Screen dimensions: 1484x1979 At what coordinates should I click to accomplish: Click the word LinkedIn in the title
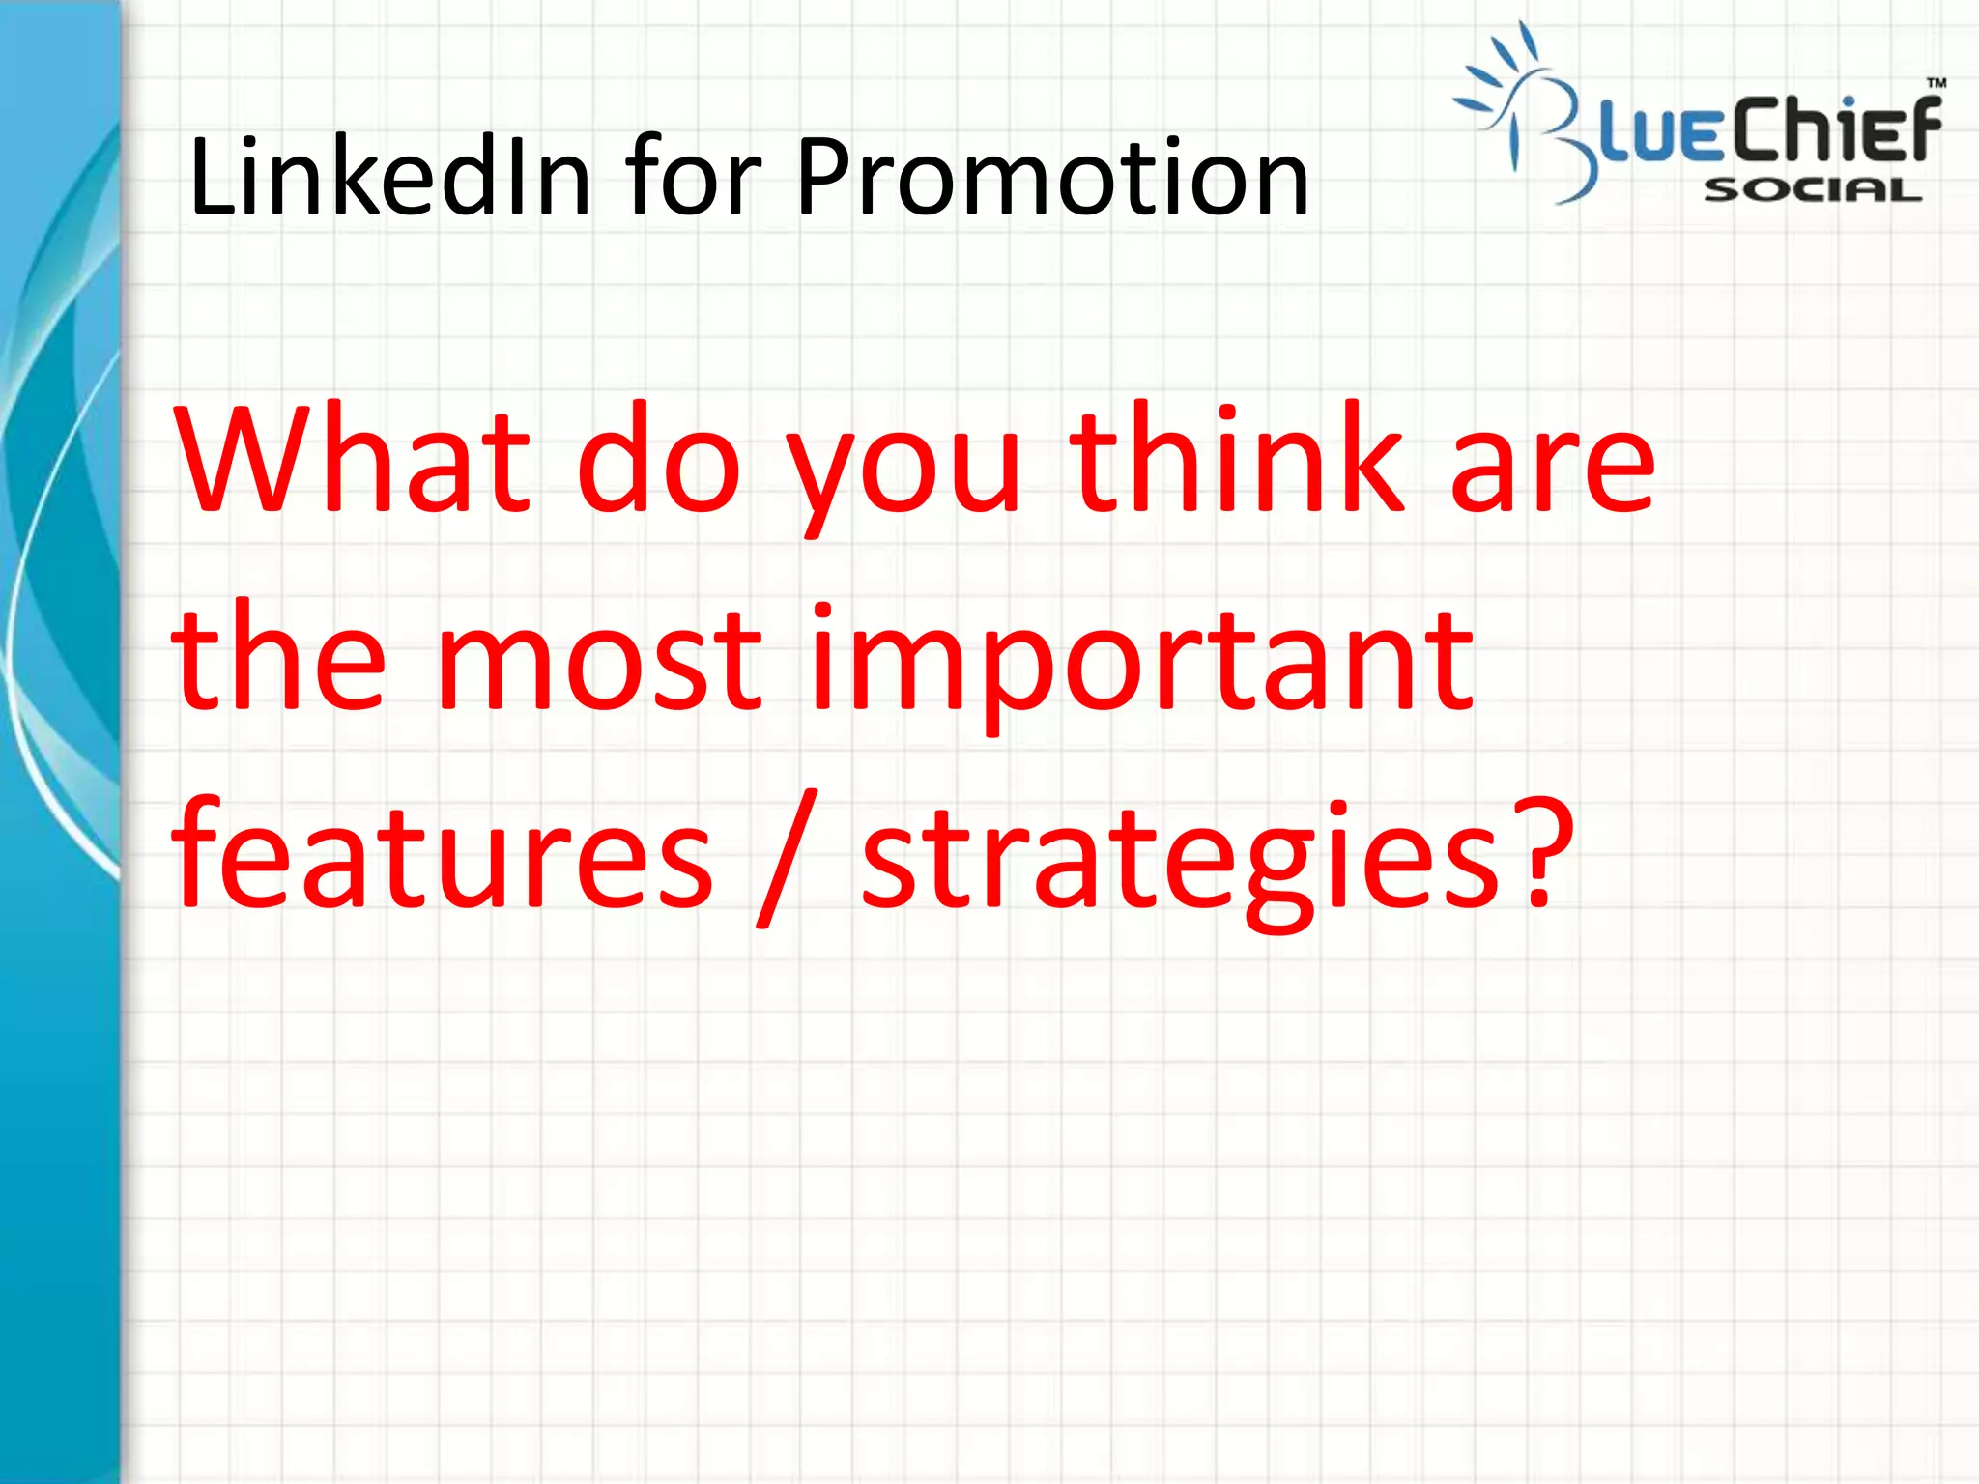coord(389,177)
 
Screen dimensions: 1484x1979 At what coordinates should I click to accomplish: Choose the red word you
coord(904,473)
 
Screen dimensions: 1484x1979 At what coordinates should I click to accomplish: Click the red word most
coord(599,662)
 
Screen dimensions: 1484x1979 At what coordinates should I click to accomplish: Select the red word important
coord(1140,667)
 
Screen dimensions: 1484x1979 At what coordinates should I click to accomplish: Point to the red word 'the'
coord(278,657)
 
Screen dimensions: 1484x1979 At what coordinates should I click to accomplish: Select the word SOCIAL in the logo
coord(1813,190)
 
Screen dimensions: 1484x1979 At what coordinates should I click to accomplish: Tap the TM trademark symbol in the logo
coord(1936,83)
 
